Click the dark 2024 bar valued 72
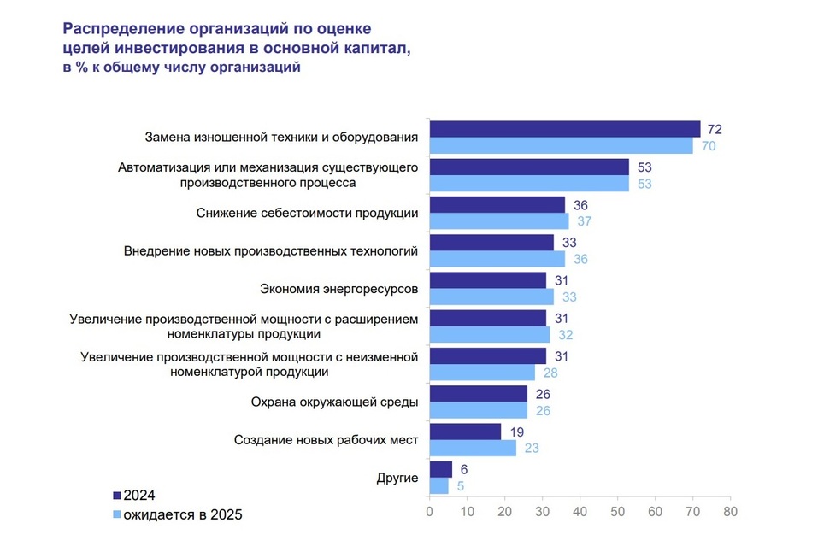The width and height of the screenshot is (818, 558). (564, 129)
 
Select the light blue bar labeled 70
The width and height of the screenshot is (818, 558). (561, 145)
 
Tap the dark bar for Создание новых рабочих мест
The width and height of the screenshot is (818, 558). (465, 432)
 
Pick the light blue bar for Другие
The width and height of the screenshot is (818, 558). (438, 485)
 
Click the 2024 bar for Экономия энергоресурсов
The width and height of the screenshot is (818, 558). (487, 280)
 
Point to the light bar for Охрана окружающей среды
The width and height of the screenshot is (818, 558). (478, 410)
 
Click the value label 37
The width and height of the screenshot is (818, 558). (586, 221)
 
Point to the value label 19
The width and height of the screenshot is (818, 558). (517, 432)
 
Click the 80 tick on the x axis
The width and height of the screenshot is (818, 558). (729, 512)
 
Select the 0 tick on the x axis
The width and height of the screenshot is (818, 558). (429, 512)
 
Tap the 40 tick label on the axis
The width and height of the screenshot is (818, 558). (580, 512)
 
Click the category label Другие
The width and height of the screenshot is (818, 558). (397, 478)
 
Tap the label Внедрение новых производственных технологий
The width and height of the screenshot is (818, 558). (270, 250)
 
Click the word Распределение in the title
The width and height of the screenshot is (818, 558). (121, 28)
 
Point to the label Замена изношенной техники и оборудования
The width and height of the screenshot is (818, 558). (281, 137)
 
